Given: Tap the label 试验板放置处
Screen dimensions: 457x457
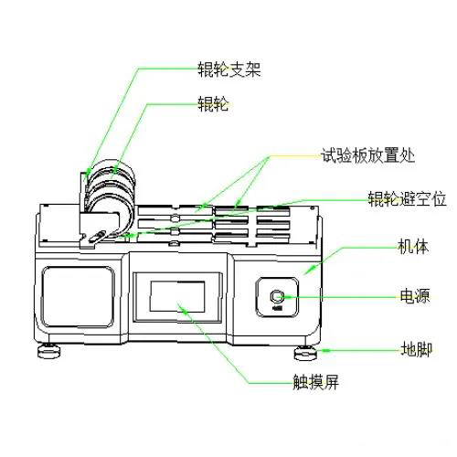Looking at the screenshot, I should click(367, 154).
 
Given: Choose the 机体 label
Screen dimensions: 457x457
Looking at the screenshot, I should click(410, 248).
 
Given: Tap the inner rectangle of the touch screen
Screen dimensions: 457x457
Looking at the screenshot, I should click(177, 296).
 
